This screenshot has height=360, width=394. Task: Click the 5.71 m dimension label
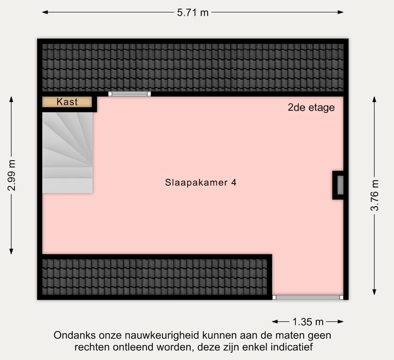point(193,12)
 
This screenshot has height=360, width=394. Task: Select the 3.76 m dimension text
point(374,195)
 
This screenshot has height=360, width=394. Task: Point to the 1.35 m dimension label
point(308,322)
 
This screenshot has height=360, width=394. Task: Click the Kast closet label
point(67,102)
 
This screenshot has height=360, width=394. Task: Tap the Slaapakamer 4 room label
point(201,183)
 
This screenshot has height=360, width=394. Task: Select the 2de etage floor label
point(311,108)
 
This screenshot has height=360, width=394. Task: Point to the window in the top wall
point(129,94)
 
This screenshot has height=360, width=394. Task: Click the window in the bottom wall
point(308,297)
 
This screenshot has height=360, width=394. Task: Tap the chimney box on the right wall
point(339,185)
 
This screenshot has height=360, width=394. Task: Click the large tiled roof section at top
point(193,67)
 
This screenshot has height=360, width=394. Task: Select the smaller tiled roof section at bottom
point(155,277)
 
